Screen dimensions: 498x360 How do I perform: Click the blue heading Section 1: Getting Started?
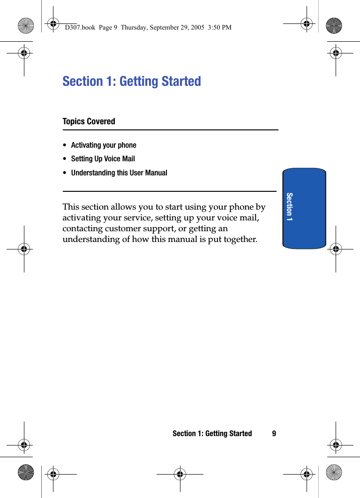(x=132, y=81)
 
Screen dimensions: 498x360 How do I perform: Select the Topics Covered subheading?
(x=89, y=121)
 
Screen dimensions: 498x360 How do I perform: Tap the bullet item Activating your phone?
(x=104, y=145)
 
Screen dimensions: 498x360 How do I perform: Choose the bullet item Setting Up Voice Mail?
(x=103, y=159)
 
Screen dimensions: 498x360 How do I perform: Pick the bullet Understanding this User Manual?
(x=119, y=173)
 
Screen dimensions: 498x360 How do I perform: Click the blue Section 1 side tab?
(x=304, y=208)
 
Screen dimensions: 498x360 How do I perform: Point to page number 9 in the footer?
(x=274, y=434)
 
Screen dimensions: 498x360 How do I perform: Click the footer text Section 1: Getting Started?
(x=212, y=434)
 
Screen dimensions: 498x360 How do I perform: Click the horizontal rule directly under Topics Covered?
(x=170, y=130)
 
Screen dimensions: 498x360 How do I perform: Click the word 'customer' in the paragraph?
(x=124, y=229)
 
